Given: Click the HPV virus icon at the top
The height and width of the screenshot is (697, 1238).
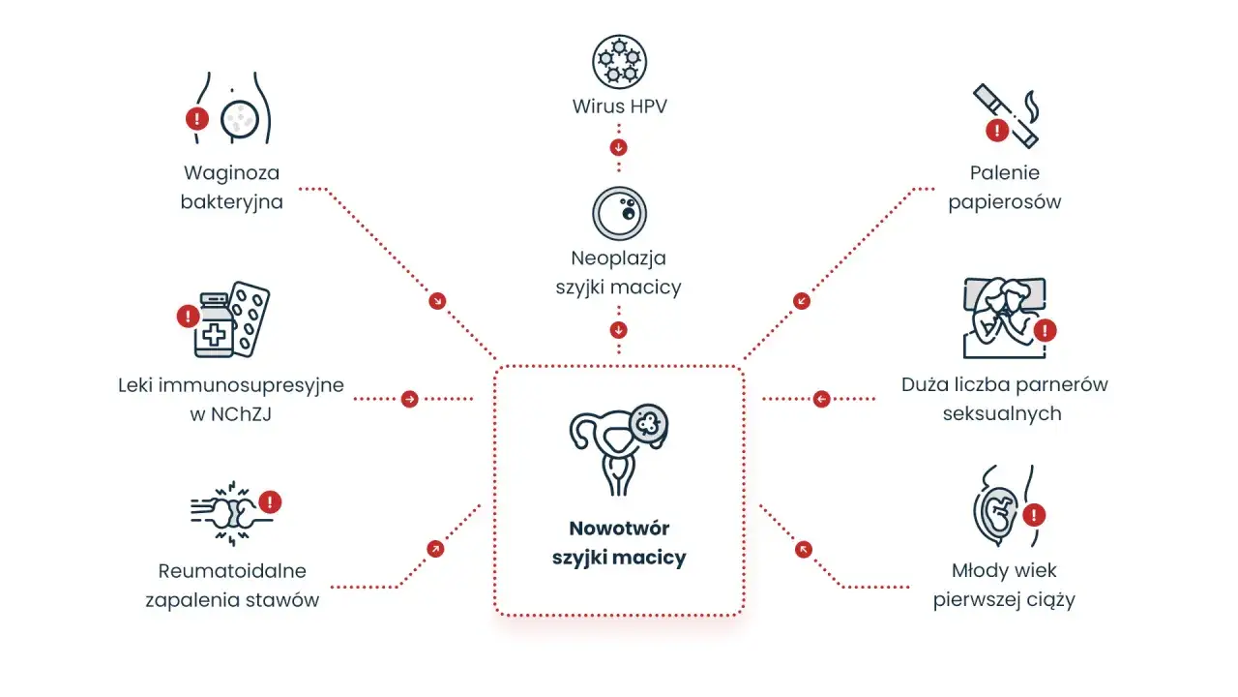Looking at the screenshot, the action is tap(619, 61).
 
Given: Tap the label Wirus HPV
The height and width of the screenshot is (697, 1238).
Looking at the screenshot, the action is tap(620, 106).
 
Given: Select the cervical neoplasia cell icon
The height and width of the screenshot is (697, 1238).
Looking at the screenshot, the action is tap(619, 213).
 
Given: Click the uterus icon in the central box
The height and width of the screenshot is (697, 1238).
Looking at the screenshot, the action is tap(618, 449).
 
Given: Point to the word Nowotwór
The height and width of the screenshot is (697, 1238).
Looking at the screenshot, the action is tap(619, 529).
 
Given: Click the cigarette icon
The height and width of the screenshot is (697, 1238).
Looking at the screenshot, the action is tap(1007, 115).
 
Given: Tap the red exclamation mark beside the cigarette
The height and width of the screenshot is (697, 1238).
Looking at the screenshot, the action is tap(997, 131).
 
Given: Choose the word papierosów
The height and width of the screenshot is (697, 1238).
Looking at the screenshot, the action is tap(1005, 202).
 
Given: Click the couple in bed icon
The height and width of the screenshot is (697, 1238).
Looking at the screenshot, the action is tap(1005, 318).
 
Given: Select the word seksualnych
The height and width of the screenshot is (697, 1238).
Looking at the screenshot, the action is tap(1002, 413).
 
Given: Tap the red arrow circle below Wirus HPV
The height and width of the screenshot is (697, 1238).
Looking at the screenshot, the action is tap(618, 148).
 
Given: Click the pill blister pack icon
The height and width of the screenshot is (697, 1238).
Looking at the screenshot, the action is tap(250, 319).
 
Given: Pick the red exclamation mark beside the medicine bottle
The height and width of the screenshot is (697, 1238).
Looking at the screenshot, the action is tap(188, 317).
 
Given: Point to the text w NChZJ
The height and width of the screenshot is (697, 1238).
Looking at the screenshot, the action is tap(231, 413).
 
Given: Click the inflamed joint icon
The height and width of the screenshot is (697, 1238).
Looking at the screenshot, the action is tap(232, 514).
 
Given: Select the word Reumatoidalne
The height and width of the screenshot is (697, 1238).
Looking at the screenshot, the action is tap(232, 571).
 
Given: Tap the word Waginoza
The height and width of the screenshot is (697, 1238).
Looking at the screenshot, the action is tap(231, 173).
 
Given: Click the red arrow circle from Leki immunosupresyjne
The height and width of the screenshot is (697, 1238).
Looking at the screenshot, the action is tap(409, 399).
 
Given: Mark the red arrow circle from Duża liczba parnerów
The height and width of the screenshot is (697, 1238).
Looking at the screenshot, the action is tap(822, 399).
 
